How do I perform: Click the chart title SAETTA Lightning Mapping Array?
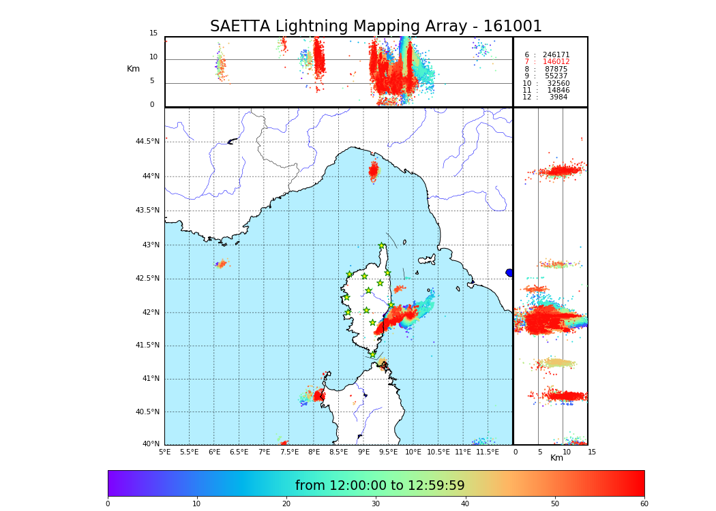[376, 27]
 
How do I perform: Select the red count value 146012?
[556, 62]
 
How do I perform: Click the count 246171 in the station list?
[556, 55]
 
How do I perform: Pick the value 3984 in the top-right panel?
[558, 97]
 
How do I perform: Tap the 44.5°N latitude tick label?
[147, 142]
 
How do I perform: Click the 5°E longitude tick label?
[165, 452]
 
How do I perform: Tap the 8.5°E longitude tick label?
[339, 452]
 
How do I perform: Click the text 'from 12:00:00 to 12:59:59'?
[380, 486]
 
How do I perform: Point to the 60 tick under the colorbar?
[644, 504]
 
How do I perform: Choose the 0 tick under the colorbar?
[108, 504]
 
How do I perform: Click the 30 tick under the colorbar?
[376, 504]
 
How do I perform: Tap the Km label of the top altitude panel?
[133, 69]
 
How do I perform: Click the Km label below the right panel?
[556, 458]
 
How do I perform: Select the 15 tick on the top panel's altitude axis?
[153, 33]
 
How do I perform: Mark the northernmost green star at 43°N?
[382, 246]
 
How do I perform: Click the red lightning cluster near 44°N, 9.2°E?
[373, 170]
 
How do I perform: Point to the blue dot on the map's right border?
[509, 273]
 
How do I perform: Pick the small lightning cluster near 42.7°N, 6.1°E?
[221, 264]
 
